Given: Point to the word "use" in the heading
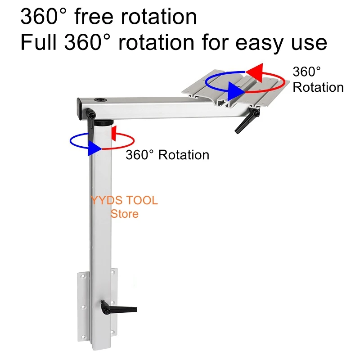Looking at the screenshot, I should [x=311, y=43].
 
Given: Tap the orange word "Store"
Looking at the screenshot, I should [x=124, y=214].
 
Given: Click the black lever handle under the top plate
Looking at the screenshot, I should [x=246, y=121].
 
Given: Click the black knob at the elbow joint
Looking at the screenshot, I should [x=91, y=115].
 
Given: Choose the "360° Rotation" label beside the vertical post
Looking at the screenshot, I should [x=167, y=155].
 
